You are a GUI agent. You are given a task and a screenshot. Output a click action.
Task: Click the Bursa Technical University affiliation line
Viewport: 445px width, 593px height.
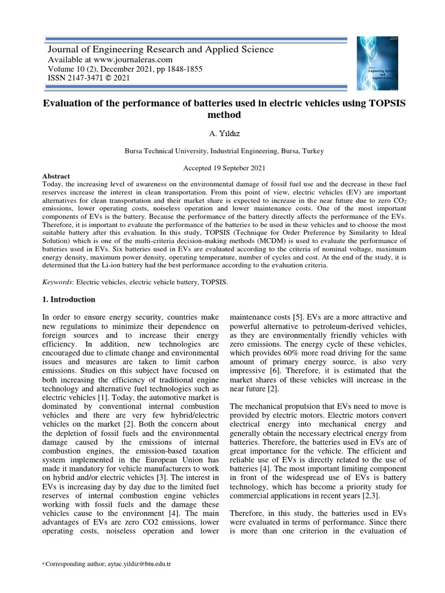224,151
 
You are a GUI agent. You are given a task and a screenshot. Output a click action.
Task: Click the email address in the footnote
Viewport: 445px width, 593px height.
138,563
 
